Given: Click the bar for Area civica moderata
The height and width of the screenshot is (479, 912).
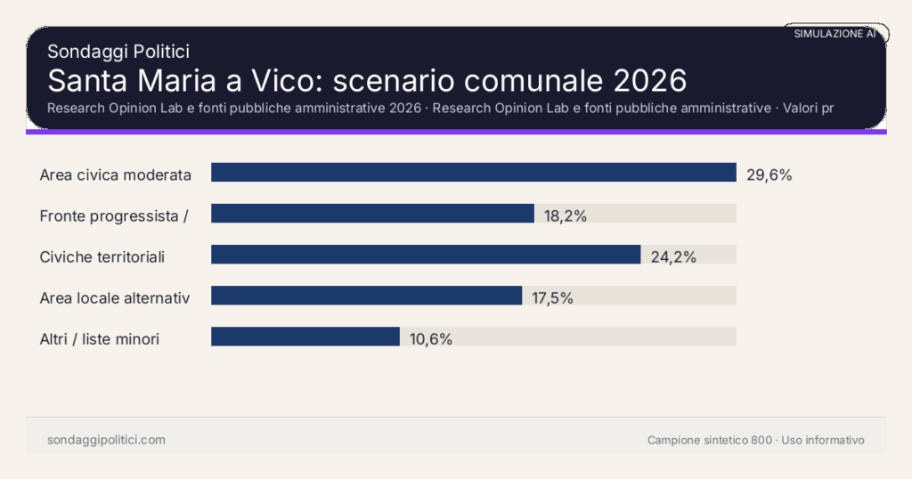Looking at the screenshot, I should [x=473, y=173].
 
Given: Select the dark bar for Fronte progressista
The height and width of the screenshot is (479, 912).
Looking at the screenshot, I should [x=372, y=214].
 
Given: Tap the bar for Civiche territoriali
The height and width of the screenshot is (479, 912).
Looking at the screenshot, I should [x=426, y=255].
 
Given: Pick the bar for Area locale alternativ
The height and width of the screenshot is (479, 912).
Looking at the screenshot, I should [x=366, y=296].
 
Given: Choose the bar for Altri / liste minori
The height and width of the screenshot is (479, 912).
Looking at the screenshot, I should [x=305, y=337].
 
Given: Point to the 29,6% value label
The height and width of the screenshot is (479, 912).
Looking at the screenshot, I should [x=769, y=175].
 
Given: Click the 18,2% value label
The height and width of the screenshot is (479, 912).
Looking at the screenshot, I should [x=566, y=215].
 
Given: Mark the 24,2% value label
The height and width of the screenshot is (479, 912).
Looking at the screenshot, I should [x=672, y=257].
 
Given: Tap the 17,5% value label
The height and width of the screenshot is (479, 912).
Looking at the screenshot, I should [x=552, y=298].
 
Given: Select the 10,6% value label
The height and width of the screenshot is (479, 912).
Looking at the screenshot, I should [x=431, y=339].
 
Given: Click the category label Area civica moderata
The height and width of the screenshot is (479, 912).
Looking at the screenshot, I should [x=116, y=175].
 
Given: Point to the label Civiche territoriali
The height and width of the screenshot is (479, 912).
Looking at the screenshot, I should [x=102, y=257].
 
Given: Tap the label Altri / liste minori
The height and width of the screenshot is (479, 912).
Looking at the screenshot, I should [x=100, y=339].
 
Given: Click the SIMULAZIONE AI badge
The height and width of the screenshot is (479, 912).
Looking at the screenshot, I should [x=835, y=34].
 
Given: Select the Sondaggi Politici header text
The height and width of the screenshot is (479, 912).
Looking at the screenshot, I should [x=118, y=52].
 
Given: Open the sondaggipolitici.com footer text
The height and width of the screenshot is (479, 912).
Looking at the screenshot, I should [x=106, y=440].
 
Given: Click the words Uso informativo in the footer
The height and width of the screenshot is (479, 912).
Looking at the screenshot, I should [x=823, y=440].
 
